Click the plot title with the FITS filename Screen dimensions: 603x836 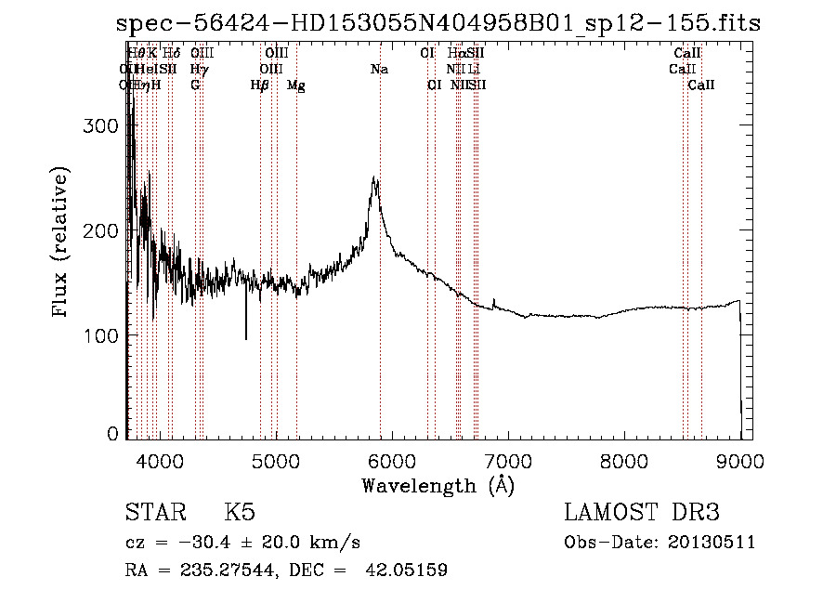(438, 23)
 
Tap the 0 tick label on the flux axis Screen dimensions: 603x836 (113, 434)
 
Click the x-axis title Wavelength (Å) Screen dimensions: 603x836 (438, 485)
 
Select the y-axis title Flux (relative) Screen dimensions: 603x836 (61, 243)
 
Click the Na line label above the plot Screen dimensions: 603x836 (379, 70)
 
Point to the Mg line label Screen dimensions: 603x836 (296, 85)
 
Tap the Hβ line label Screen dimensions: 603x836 (260, 85)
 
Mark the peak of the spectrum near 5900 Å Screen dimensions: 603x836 (374, 178)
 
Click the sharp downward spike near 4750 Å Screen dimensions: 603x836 (246, 338)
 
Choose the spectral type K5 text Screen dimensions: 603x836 (240, 513)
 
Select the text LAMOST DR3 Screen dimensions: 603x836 (641, 513)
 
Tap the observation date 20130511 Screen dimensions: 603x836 (711, 543)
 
